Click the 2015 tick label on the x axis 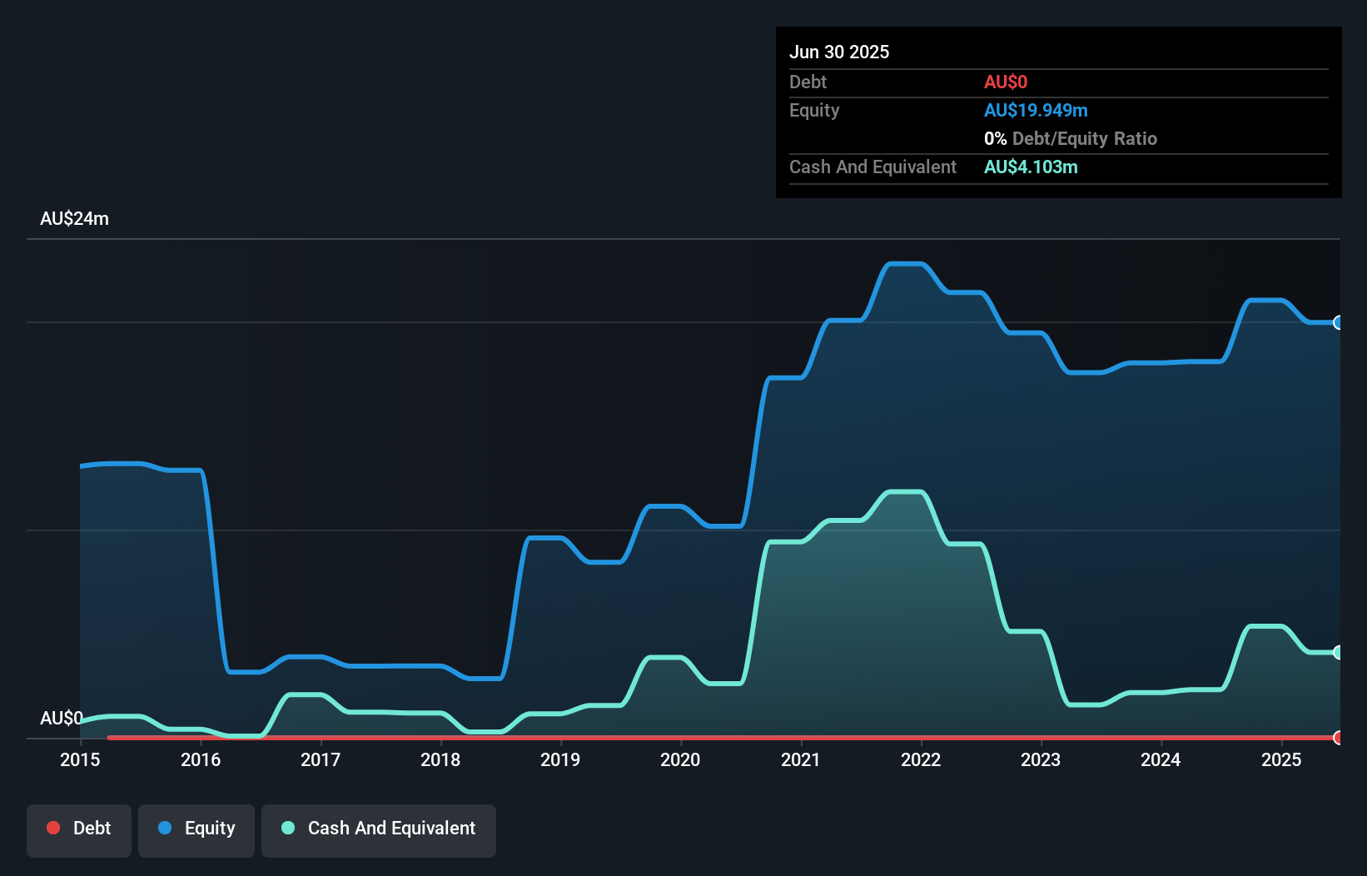point(80,759)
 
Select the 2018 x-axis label point(440,759)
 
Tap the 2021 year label point(800,759)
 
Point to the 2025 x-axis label point(1280,759)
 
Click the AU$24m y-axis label point(74,219)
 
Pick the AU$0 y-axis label point(61,718)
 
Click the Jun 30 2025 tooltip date point(839,52)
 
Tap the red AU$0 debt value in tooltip point(1006,82)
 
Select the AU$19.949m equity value point(1036,111)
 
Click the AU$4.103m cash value point(1031,167)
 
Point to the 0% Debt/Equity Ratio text point(1071,139)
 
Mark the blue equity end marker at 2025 point(1338,322)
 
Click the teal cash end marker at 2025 point(1338,652)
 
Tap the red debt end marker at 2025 point(1338,737)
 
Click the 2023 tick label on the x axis point(1041,759)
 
